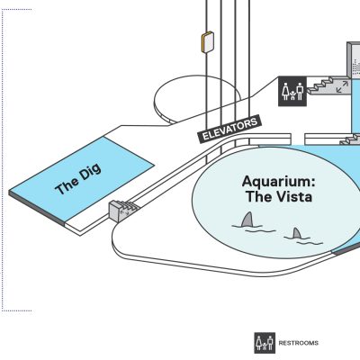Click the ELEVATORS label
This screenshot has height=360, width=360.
[229, 129]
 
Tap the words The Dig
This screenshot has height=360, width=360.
[78, 179]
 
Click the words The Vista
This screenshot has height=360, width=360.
[279, 197]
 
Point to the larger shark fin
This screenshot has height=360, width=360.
[247, 220]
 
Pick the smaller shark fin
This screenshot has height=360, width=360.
[296, 233]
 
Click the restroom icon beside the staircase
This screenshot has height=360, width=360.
[292, 91]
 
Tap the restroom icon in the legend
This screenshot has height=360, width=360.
[265, 343]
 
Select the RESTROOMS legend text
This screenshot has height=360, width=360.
[299, 343]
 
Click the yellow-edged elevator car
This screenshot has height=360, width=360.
[207, 42]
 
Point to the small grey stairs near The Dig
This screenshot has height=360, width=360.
[122, 210]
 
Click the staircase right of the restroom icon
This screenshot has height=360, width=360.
[327, 85]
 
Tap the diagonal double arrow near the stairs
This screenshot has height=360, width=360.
[342, 87]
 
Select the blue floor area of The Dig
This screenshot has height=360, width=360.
[82, 178]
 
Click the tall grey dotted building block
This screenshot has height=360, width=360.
[354, 59]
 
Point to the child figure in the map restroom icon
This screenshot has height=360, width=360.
[292, 95]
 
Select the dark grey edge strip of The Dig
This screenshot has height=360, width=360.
[37, 208]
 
